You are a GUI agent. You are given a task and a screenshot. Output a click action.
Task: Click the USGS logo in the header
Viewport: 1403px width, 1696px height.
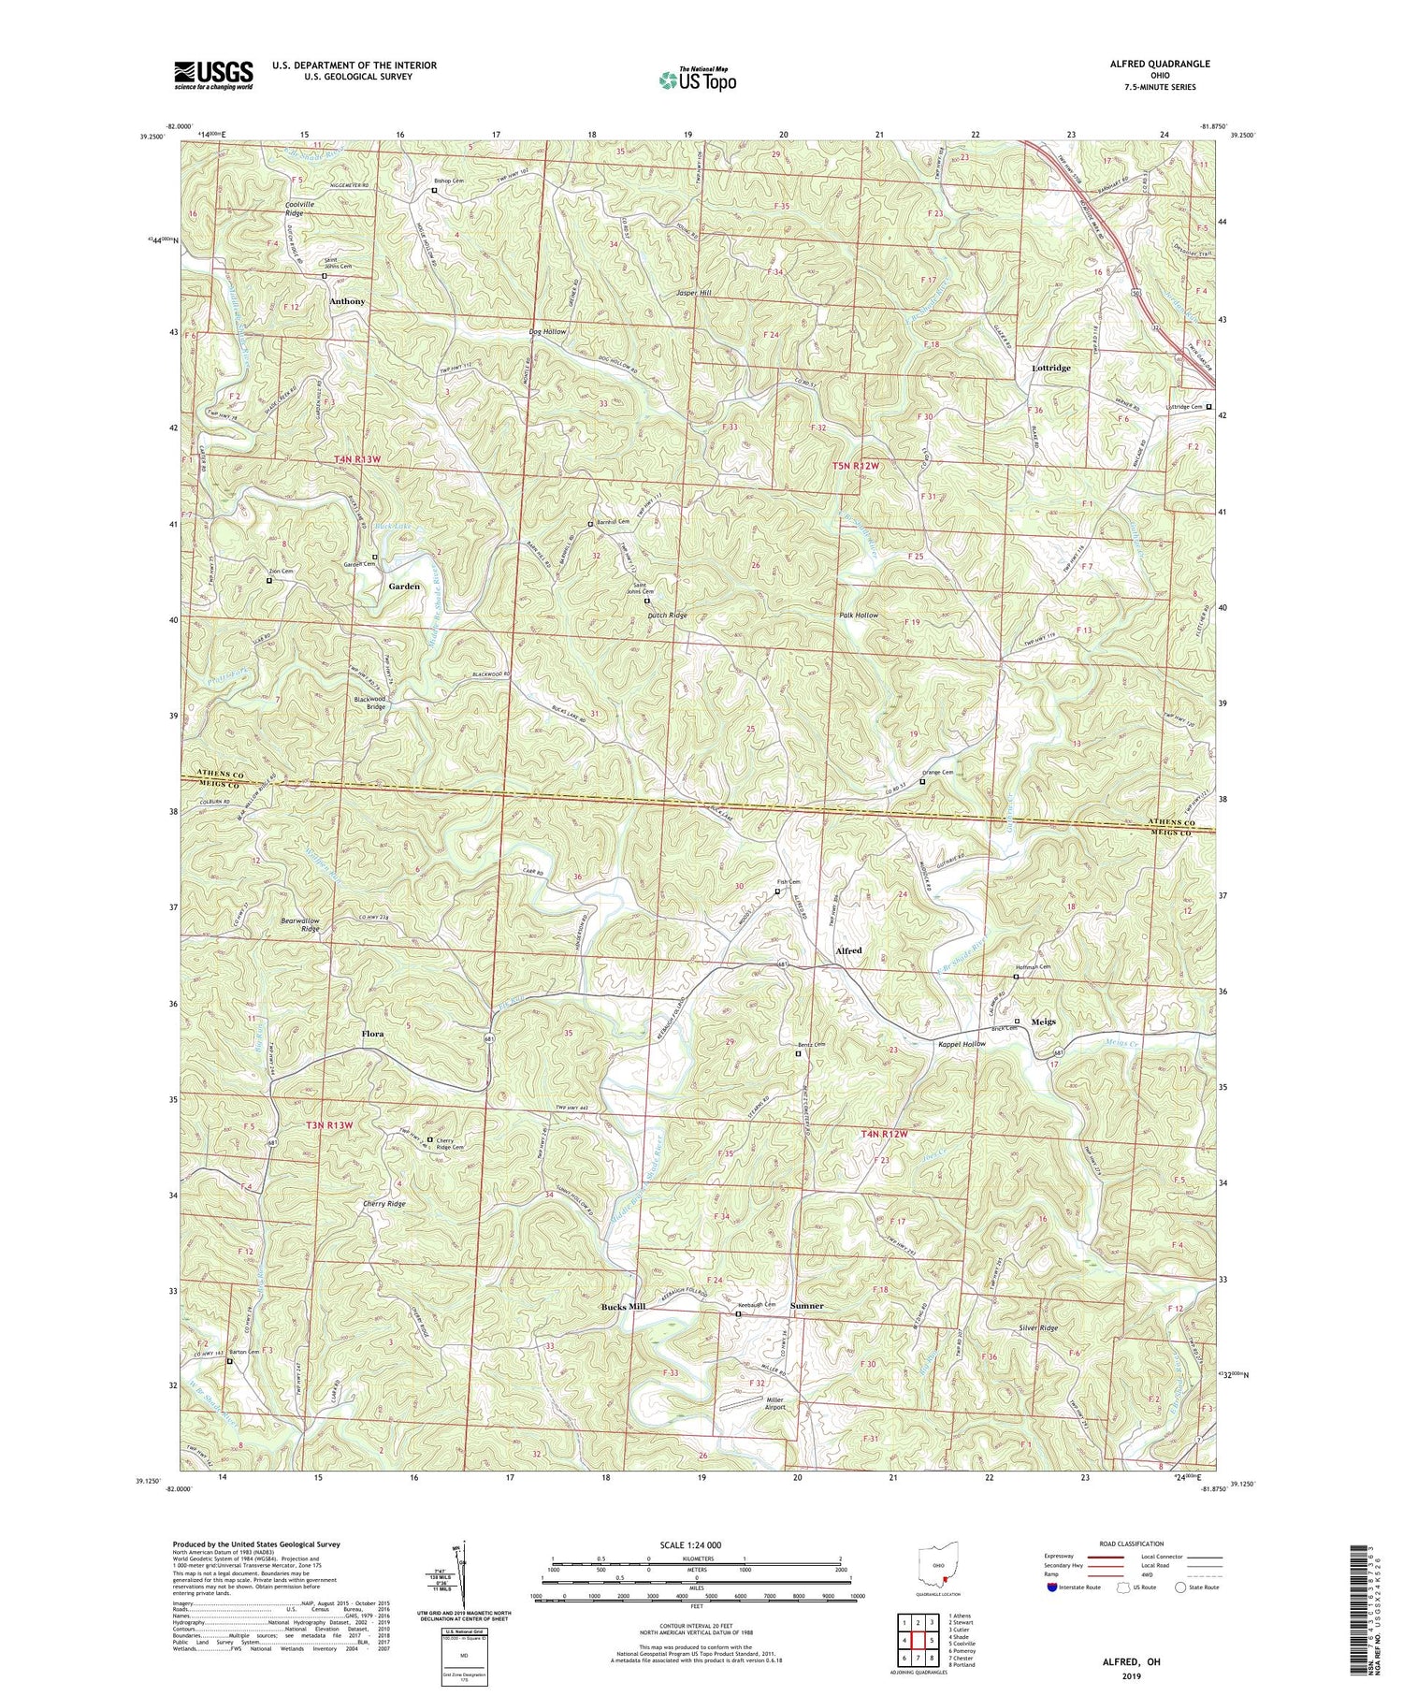pyautogui.click(x=213, y=75)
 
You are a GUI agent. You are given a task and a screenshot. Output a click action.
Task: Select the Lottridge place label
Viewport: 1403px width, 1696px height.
pyautogui.click(x=1050, y=368)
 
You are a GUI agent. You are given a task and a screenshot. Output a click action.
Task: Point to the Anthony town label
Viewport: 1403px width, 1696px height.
pyautogui.click(x=347, y=302)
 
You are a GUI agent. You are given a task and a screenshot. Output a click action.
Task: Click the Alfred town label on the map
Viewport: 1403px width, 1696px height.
pyautogui.click(x=847, y=950)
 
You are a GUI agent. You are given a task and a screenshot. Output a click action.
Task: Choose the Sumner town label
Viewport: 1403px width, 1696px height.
pyautogui.click(x=807, y=1305)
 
